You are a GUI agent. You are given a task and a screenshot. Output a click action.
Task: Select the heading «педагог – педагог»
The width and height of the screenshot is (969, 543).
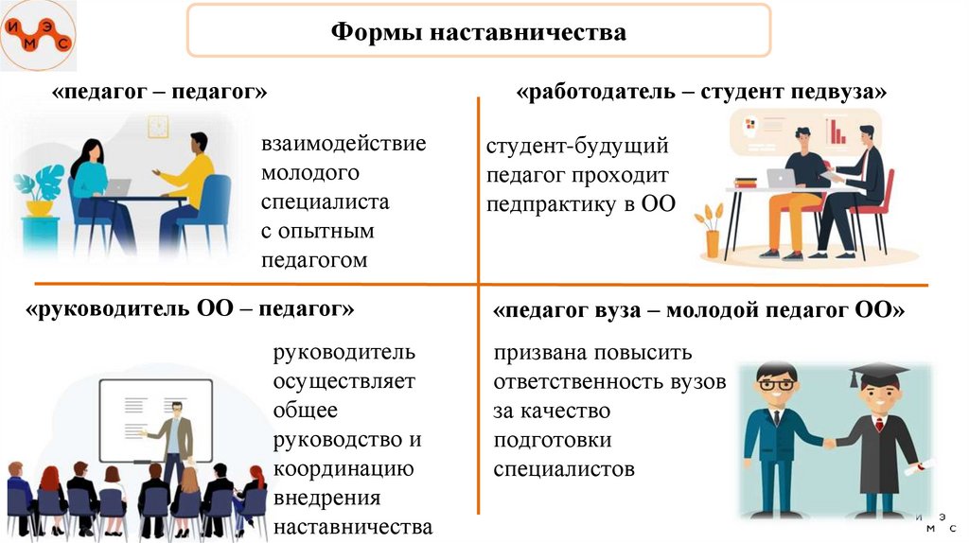click(x=161, y=93)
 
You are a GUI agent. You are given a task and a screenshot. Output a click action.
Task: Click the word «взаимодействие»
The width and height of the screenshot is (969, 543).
click(x=344, y=145)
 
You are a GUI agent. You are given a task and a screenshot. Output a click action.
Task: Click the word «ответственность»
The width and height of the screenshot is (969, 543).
click(x=609, y=382)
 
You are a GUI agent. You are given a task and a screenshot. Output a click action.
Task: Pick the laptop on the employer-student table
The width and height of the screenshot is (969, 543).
click(x=782, y=177)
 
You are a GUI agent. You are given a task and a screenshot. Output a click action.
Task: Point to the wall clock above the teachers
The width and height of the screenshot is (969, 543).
click(x=158, y=125)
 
